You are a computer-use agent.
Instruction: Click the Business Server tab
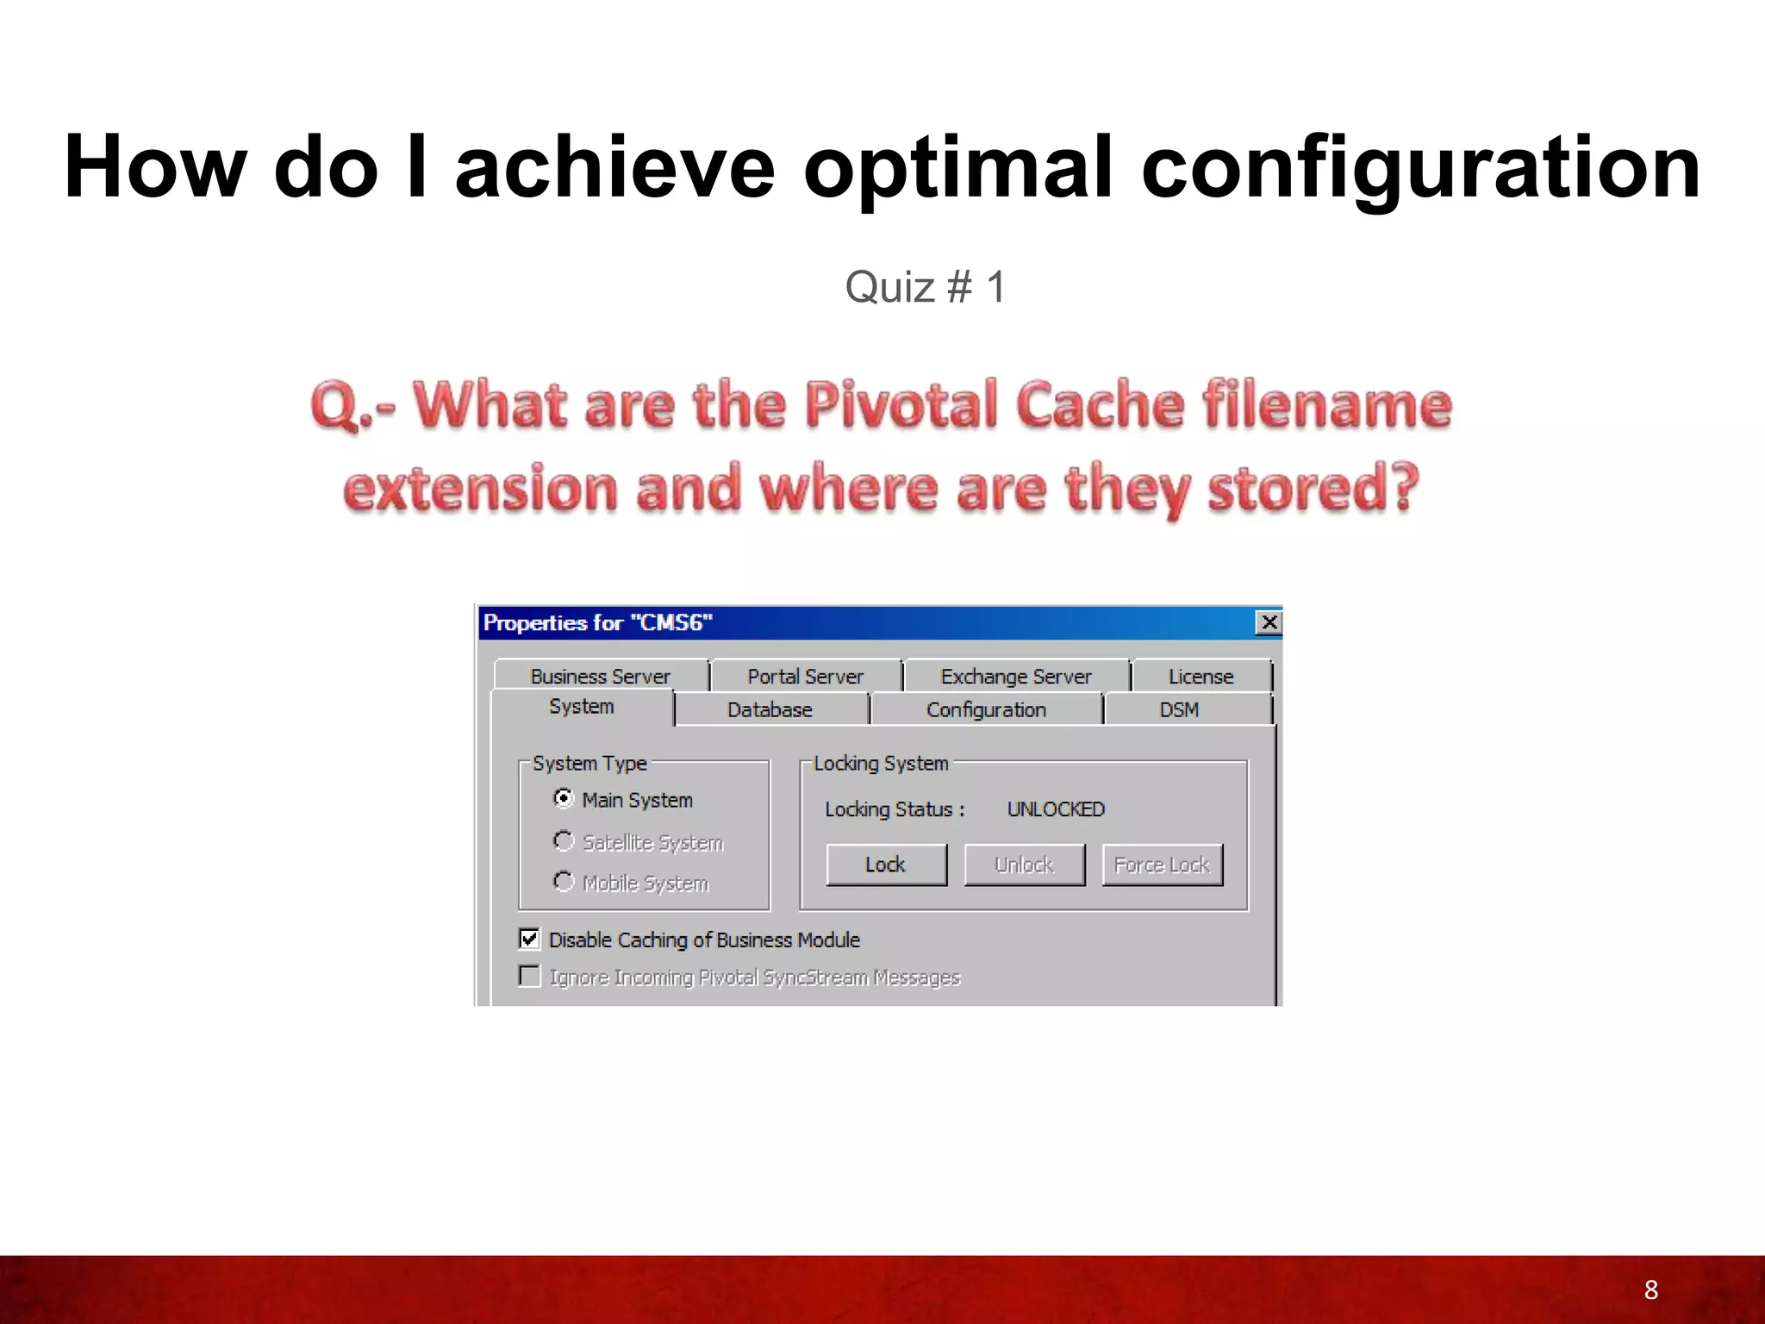(x=600, y=677)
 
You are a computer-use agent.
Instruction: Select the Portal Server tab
(x=805, y=677)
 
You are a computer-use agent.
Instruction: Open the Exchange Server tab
(x=1015, y=677)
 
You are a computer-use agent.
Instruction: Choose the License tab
(x=1201, y=677)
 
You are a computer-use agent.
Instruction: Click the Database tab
(x=770, y=710)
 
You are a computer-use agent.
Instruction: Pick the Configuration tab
(x=986, y=710)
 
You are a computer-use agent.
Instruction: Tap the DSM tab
(x=1179, y=710)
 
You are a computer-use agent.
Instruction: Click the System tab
(x=582, y=707)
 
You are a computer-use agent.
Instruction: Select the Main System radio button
(x=564, y=799)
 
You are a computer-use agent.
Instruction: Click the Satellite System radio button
(x=564, y=840)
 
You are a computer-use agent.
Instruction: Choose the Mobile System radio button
(x=564, y=882)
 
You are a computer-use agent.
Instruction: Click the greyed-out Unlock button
(x=1024, y=865)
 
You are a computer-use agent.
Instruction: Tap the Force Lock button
(x=1162, y=865)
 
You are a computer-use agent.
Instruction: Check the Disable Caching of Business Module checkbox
(x=530, y=939)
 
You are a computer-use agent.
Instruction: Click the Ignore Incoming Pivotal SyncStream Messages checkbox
(x=530, y=976)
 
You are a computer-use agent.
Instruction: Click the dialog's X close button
(x=1269, y=622)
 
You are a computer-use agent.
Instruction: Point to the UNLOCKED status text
(x=1056, y=809)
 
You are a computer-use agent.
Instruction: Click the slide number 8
(x=1650, y=1290)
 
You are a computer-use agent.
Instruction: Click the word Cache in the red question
(x=1100, y=404)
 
